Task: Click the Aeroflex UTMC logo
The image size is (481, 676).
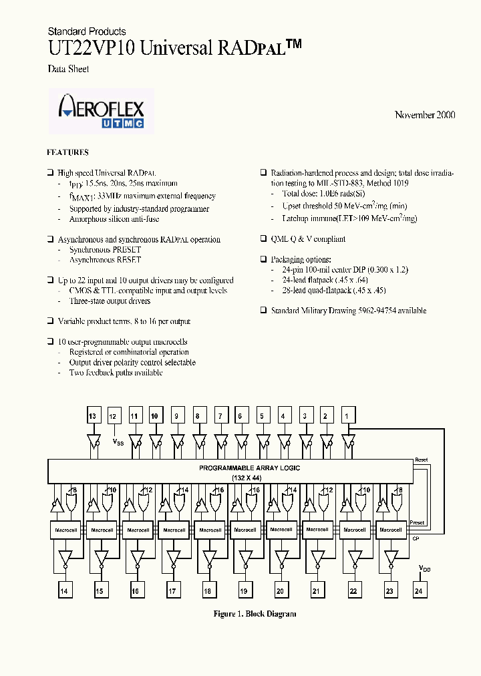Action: (x=102, y=110)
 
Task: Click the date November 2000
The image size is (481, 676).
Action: (x=425, y=115)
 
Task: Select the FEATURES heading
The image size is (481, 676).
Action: (x=67, y=152)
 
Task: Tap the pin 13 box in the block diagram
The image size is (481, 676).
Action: (x=92, y=416)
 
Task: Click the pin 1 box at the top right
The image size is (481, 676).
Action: (x=346, y=416)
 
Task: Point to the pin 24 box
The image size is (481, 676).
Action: (x=419, y=591)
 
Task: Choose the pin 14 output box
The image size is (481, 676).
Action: (x=64, y=591)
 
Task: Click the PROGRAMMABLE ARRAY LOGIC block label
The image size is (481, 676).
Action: (x=249, y=468)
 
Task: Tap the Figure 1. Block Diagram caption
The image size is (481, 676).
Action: (x=255, y=614)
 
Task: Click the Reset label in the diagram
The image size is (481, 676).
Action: (x=421, y=460)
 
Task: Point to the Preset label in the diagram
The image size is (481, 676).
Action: (x=417, y=523)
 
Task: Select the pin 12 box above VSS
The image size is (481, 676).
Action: (x=114, y=416)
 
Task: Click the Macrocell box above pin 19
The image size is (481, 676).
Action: (x=245, y=530)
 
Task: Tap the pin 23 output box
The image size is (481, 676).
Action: (x=388, y=591)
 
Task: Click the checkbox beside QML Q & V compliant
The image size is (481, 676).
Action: (x=264, y=239)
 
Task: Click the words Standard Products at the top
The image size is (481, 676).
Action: (x=87, y=31)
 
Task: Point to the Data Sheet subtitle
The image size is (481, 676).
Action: (x=68, y=69)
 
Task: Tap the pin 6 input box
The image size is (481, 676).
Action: (x=240, y=416)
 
